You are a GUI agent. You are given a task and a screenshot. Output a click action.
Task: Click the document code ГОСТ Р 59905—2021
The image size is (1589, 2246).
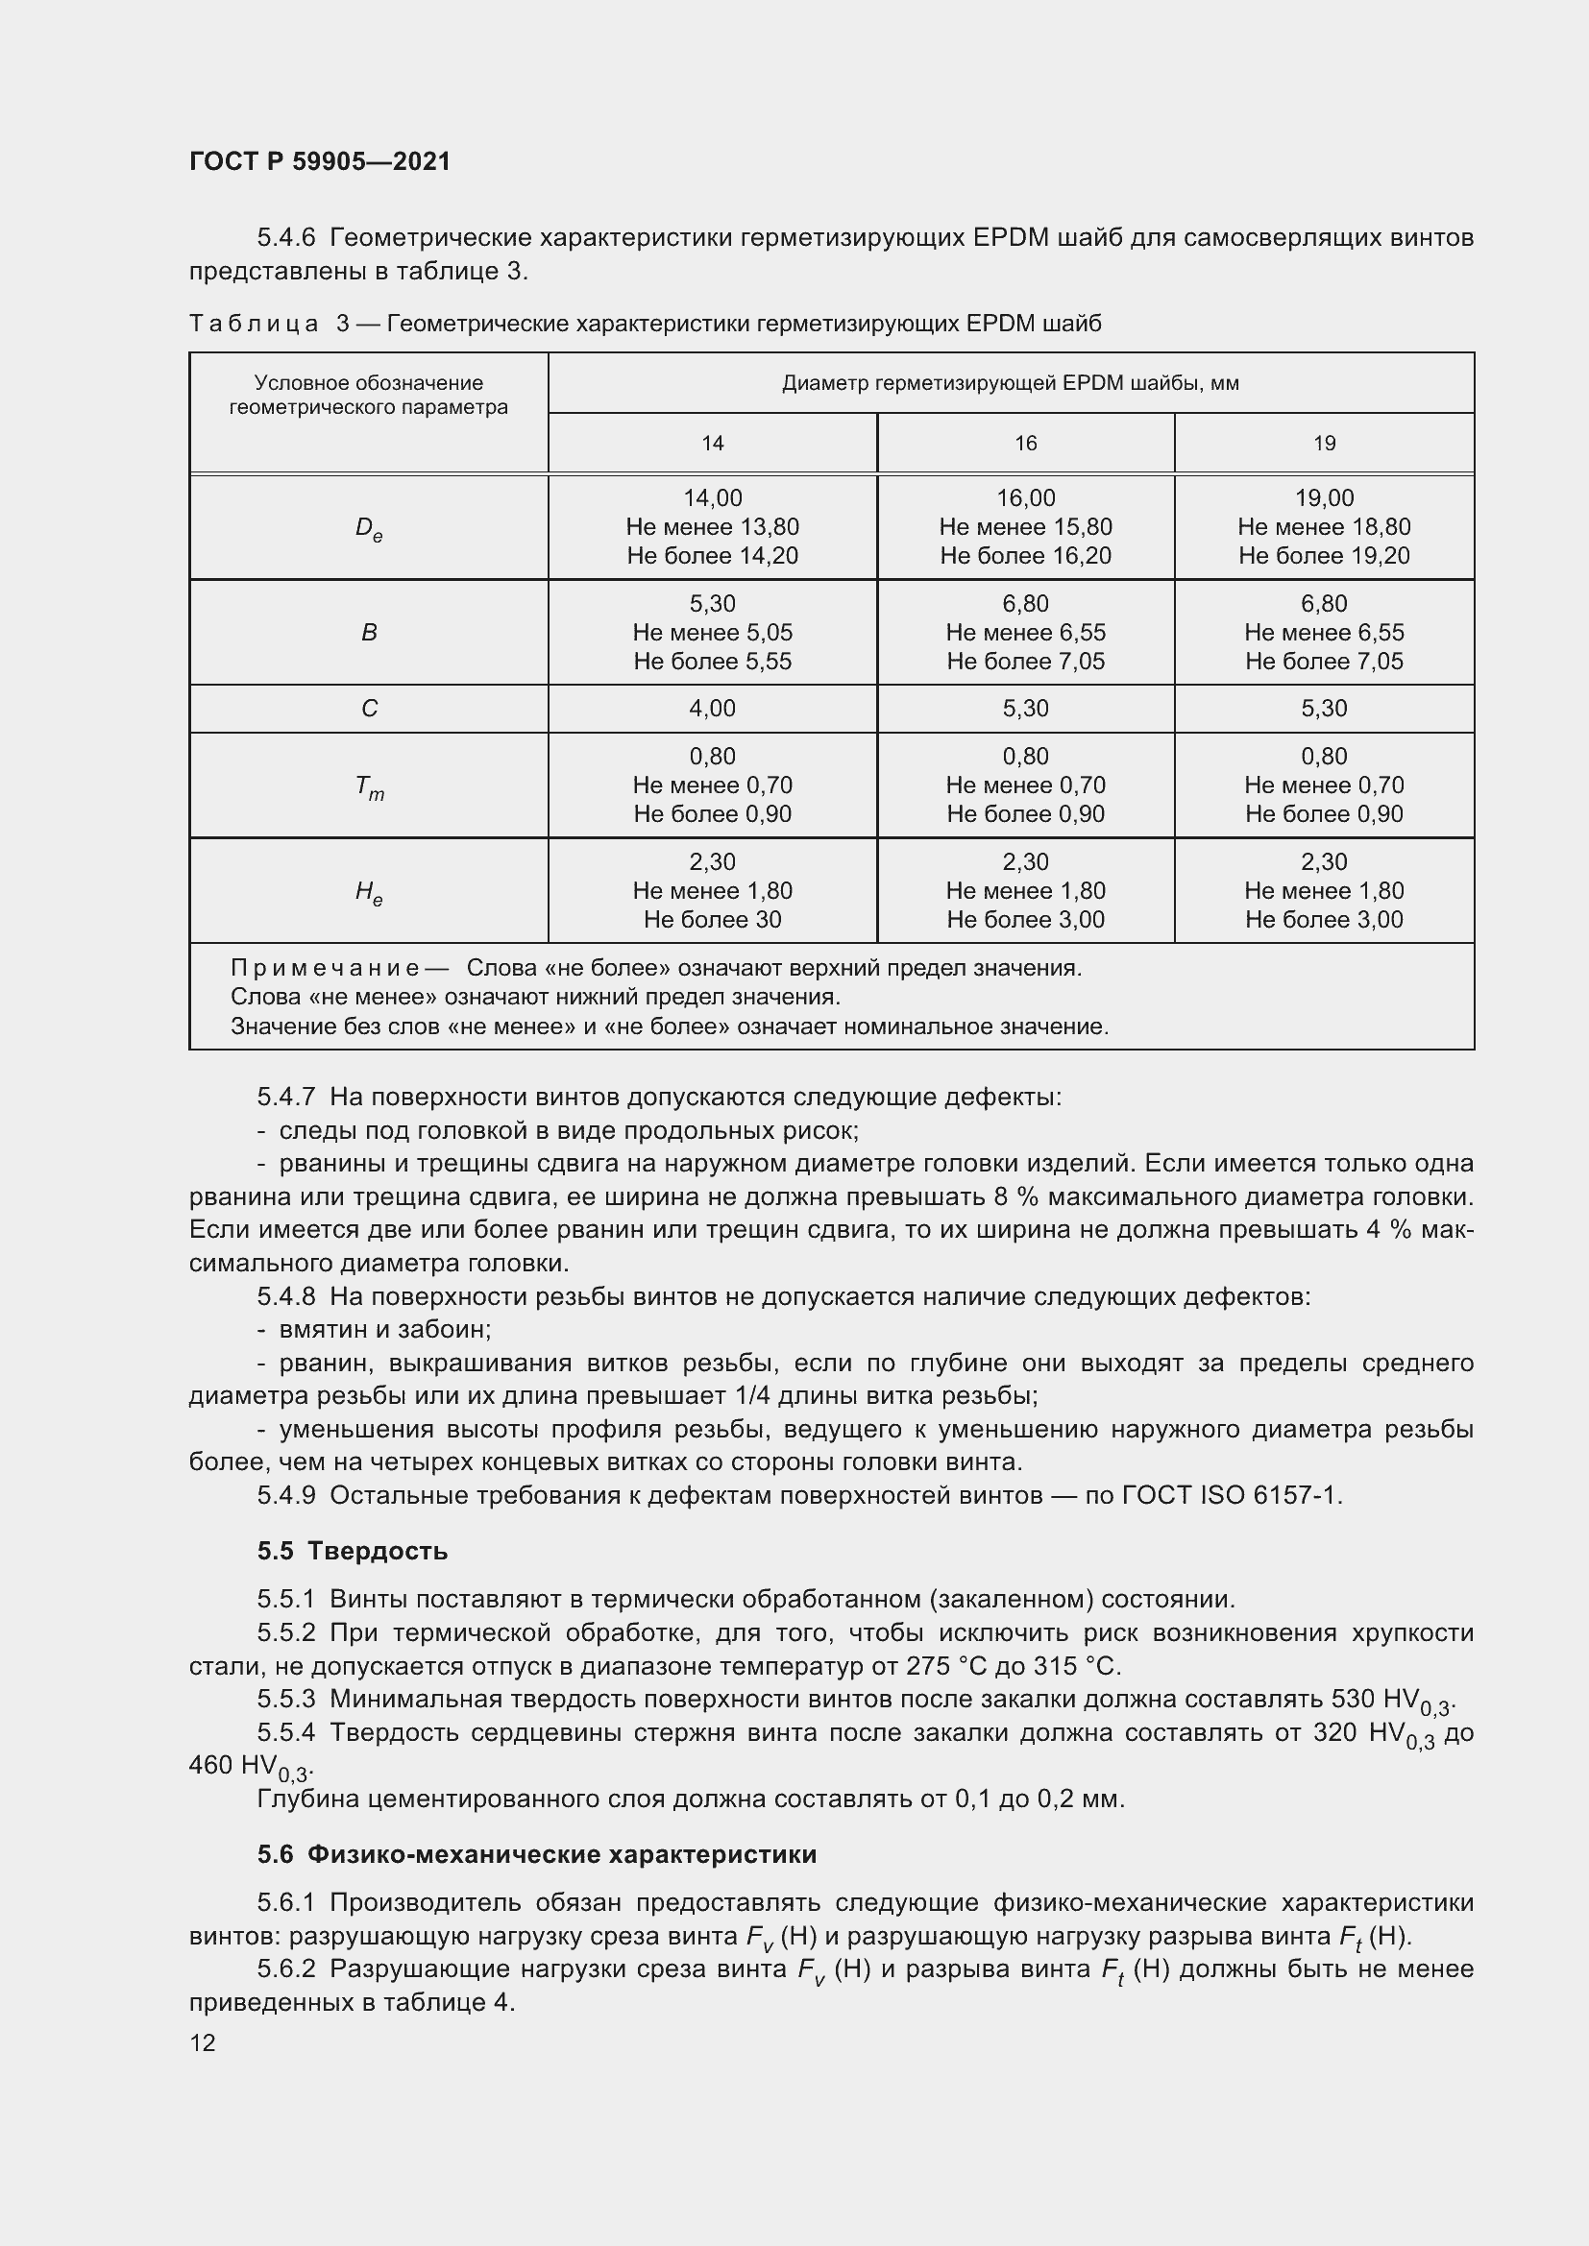320,161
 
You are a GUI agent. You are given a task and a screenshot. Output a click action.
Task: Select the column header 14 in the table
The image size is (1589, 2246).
712,443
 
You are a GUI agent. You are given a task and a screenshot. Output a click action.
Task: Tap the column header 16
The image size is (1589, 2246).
1025,443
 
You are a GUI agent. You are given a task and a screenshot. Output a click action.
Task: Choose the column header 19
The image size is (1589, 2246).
1324,443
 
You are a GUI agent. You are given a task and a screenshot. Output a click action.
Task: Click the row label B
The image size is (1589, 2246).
369,633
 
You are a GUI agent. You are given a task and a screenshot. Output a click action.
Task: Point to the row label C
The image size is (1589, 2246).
369,709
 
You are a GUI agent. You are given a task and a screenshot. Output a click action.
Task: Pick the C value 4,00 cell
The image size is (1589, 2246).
712,709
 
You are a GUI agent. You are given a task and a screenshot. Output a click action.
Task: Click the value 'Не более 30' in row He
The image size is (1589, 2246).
712,920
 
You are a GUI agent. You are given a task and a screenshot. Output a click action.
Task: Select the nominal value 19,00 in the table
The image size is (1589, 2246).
1324,498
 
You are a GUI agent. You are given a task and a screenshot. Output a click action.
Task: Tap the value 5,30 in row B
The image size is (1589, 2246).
712,604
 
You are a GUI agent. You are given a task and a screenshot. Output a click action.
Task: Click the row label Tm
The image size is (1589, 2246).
369,786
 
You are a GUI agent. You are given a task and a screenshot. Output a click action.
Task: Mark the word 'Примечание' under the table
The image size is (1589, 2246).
326,969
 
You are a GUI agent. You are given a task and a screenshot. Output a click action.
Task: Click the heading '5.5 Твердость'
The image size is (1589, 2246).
354,1551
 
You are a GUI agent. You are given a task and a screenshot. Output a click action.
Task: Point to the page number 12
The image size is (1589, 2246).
203,2042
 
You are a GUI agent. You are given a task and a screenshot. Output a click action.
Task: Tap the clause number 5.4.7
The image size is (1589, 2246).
285,1098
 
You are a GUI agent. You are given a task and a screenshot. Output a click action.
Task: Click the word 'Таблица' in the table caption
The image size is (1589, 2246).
255,324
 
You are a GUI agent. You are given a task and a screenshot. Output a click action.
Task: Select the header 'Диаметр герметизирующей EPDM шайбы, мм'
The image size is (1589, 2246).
1011,383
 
